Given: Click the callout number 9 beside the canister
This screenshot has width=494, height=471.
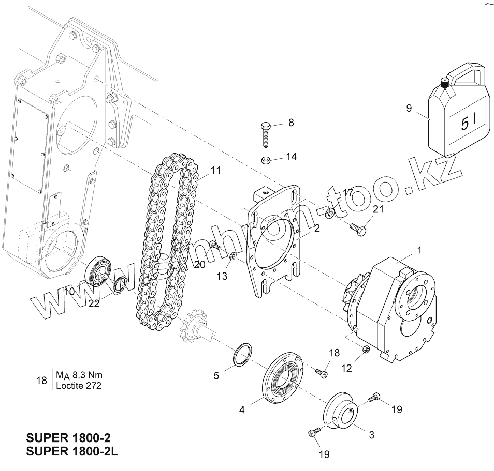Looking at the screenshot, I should point(409,109).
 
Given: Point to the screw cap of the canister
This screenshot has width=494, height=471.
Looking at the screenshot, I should point(444,82).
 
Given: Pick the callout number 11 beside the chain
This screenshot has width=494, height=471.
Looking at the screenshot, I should point(215,170).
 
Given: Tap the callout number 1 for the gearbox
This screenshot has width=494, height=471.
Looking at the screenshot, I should point(419,250).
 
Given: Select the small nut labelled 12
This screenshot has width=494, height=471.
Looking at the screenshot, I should point(365,350).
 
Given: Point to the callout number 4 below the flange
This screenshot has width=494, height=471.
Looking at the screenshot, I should point(242,411).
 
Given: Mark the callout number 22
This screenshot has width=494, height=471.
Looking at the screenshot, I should point(94,303).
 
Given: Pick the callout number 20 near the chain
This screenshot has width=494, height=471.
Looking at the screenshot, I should point(199,264).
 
